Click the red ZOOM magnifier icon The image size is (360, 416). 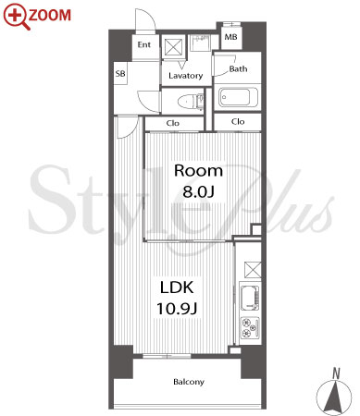pos(16,17)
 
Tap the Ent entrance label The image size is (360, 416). pos(144,44)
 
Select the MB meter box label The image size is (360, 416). pos(230,37)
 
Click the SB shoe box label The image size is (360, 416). pos(120,74)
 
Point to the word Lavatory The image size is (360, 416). pos(186,76)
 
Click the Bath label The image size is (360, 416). pos(238,68)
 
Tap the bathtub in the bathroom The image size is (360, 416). pos(238,97)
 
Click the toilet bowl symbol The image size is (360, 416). pos(191,101)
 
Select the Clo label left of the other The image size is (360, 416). pos(172,123)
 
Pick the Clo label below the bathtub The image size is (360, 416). pos(238,122)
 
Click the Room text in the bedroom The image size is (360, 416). pos(198,171)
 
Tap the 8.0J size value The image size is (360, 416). pos(198,191)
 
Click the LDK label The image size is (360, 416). pos(177,288)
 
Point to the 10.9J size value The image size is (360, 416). pos(177,308)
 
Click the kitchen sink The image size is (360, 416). pos(250,299)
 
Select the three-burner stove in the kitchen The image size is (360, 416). pos(250,327)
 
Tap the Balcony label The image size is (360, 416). pos(189,382)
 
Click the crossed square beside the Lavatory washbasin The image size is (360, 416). pos(172,47)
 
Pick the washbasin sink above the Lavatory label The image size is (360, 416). pos(201,43)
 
